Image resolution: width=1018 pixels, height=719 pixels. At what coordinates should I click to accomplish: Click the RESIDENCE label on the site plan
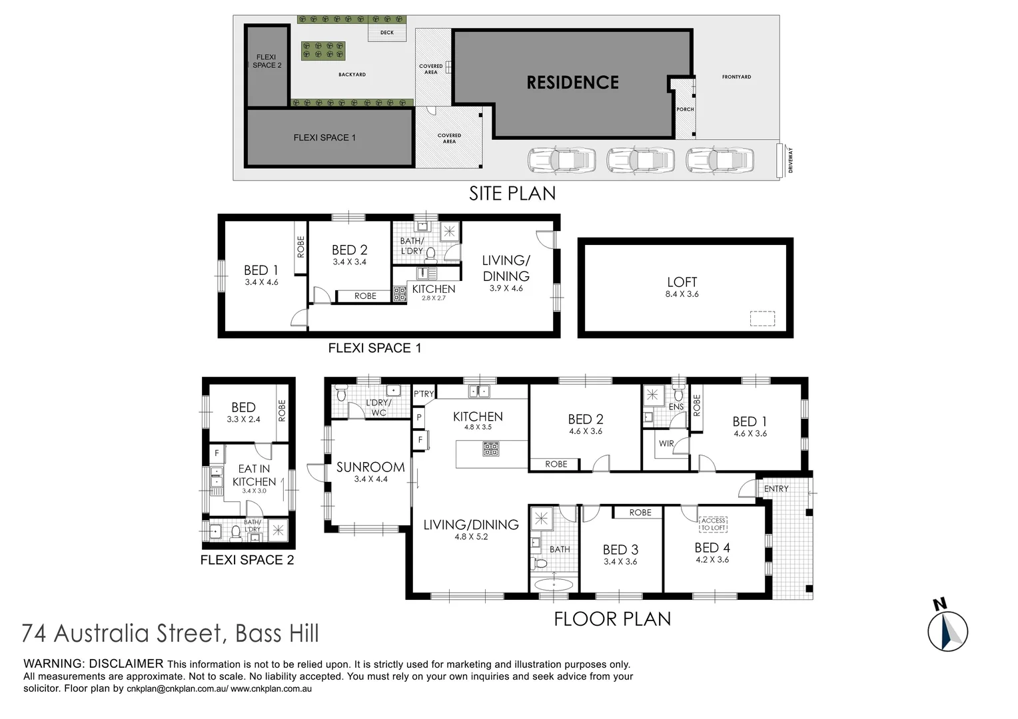572,83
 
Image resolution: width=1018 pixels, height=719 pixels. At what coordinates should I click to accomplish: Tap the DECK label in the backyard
387,33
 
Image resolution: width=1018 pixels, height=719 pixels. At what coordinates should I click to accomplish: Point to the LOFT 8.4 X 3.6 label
682,287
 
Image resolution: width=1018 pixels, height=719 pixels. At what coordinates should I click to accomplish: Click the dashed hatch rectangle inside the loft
762,319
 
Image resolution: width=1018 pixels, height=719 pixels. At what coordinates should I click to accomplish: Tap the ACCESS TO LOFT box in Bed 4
713,524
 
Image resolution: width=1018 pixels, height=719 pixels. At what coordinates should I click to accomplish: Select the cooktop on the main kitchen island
491,449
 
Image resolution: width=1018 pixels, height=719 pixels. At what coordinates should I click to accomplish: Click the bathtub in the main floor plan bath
553,585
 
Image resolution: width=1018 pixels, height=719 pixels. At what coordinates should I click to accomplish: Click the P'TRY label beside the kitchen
424,393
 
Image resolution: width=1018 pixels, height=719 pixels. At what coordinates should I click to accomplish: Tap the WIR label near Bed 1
666,443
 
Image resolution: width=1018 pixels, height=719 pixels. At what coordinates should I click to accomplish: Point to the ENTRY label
776,489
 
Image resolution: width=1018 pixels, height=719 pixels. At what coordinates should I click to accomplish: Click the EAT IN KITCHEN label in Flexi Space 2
254,475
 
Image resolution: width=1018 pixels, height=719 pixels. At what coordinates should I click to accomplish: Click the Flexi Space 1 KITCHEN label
434,289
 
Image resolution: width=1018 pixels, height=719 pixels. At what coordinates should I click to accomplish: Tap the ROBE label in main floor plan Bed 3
640,513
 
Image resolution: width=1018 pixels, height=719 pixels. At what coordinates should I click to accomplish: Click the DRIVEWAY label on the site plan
791,160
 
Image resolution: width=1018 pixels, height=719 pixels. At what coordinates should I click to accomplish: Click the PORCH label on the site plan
685,109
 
